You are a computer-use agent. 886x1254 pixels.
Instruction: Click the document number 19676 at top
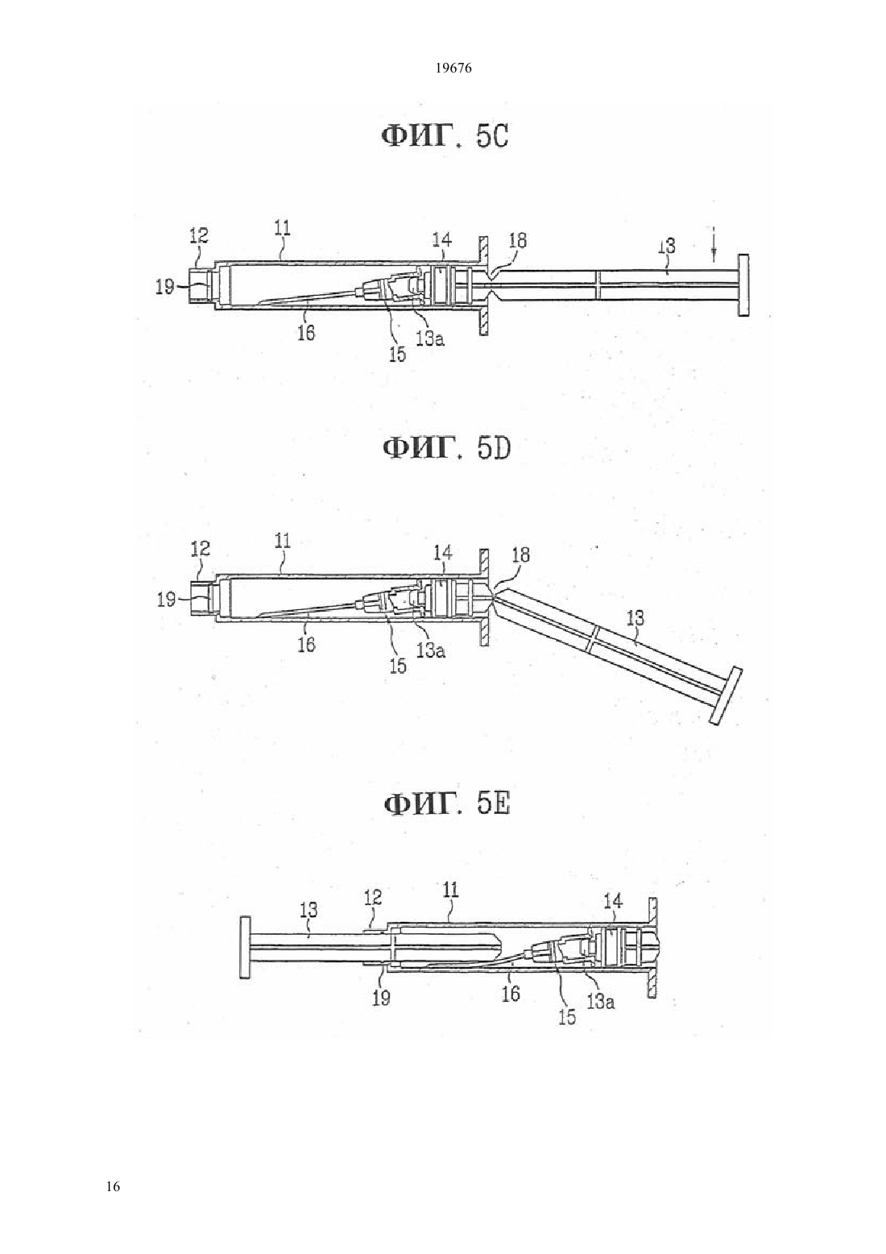tap(453, 69)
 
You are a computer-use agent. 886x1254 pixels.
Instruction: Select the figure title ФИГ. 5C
tap(445, 136)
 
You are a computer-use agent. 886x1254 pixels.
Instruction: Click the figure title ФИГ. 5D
tap(446, 448)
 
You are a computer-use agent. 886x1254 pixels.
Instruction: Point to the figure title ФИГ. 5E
tap(446, 805)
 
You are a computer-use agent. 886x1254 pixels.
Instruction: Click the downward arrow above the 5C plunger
tap(714, 245)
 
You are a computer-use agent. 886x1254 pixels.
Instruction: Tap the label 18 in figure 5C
tap(517, 241)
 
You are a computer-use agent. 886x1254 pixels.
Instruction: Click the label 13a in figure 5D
tap(430, 651)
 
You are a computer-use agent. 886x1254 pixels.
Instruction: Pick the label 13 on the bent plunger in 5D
tap(636, 618)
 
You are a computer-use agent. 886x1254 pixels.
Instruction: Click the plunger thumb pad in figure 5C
tap(743, 286)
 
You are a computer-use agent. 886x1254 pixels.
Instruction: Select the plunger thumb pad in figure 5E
tap(244, 947)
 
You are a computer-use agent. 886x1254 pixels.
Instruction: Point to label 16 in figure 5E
tap(511, 993)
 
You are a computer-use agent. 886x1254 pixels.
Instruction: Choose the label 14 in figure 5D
tap(442, 553)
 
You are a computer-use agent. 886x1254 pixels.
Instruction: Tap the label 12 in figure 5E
tap(372, 898)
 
